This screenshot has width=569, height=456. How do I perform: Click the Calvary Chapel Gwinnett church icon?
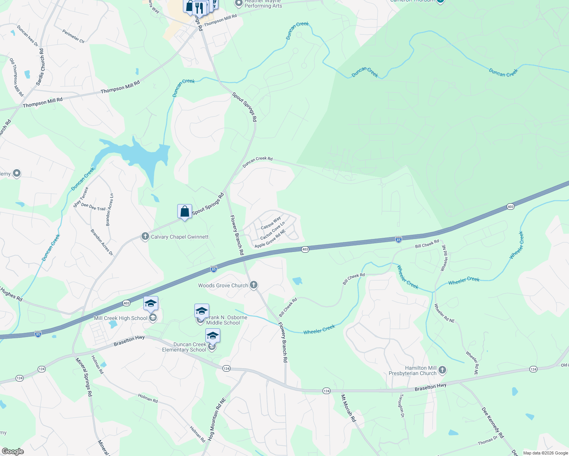click(x=145, y=237)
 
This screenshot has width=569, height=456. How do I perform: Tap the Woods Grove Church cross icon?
click(x=254, y=285)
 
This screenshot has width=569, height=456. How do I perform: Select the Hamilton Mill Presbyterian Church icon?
click(x=442, y=370)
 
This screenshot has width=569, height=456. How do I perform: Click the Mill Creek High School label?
click(x=120, y=318)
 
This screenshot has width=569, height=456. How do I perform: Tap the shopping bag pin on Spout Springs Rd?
click(x=184, y=212)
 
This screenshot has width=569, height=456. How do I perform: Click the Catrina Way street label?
click(x=271, y=223)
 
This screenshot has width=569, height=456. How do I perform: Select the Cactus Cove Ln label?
click(x=272, y=231)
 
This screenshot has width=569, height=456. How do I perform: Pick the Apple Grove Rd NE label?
click(x=270, y=239)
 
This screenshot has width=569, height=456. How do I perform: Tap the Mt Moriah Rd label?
click(x=348, y=408)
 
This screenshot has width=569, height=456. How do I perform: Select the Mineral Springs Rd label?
click(x=84, y=377)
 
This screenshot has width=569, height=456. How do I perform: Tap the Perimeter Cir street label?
click(x=73, y=36)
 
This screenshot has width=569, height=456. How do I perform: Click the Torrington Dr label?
click(x=401, y=405)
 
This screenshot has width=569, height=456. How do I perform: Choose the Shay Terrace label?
click(x=81, y=197)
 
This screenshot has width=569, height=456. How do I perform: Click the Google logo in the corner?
click(x=13, y=451)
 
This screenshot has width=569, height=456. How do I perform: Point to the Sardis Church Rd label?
click(x=40, y=67)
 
